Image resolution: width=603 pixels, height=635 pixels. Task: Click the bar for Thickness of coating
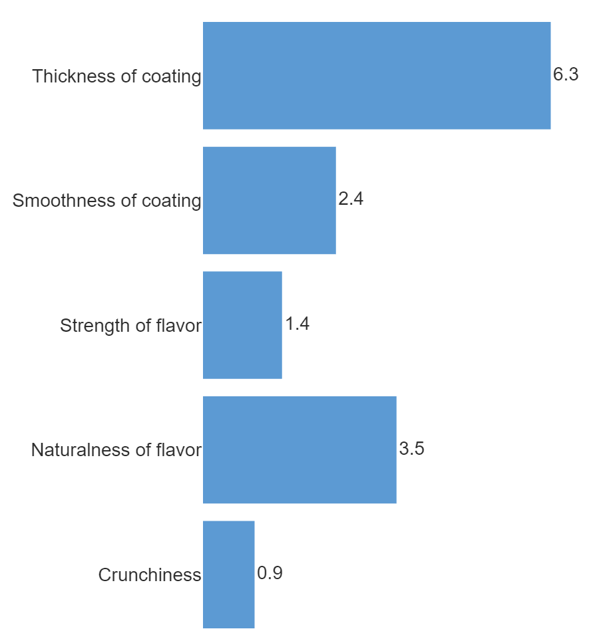(376, 75)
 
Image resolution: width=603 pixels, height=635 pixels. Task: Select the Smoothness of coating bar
(269, 200)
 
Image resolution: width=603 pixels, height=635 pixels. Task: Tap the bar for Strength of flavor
(242, 325)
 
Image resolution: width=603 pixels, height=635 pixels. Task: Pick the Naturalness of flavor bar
(300, 449)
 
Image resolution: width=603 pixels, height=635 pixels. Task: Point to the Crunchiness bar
(228, 574)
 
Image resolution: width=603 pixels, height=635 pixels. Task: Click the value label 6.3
(566, 74)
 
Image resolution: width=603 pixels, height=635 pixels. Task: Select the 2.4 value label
(351, 199)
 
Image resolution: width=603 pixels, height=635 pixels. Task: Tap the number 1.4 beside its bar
(297, 324)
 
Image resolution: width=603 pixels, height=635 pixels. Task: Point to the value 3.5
(411, 449)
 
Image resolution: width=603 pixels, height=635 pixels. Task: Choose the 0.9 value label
(270, 574)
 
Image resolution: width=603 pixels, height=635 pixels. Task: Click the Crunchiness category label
(149, 575)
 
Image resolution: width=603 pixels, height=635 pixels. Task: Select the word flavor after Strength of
(178, 326)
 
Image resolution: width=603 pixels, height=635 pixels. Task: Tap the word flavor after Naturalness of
(178, 450)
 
